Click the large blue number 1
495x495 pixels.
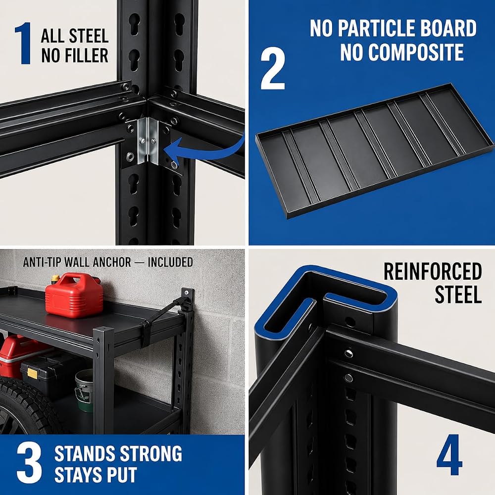[23, 43]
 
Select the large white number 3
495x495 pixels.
[29, 463]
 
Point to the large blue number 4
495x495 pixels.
[449, 455]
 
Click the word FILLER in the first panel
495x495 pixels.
[75, 55]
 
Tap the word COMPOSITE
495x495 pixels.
[402, 52]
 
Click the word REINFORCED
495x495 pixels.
[433, 271]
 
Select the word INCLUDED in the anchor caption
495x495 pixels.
[170, 262]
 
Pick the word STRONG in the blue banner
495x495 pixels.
[151, 453]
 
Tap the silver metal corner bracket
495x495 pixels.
[148, 141]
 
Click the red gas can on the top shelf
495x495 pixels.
[74, 296]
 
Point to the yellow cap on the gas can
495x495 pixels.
[55, 279]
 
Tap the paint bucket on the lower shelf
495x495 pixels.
[84, 390]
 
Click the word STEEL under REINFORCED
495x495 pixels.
[458, 295]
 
